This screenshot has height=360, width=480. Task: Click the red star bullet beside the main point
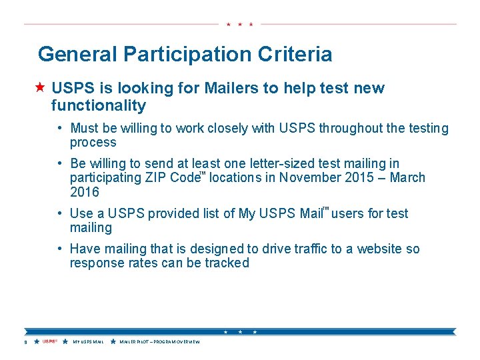[41, 87]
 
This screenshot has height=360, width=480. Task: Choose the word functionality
[98, 105]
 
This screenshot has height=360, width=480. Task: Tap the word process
[93, 143]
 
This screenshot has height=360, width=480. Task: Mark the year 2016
[85, 193]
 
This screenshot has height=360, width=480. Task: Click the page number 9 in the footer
[25, 342]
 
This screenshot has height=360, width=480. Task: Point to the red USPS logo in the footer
[50, 342]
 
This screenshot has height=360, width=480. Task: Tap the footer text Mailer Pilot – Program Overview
[159, 342]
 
